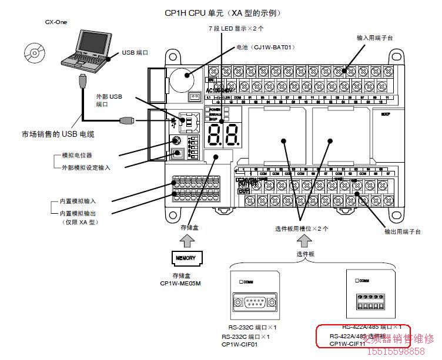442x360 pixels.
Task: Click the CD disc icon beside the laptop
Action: (x=34, y=53)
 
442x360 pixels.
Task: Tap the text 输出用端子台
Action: (x=402, y=231)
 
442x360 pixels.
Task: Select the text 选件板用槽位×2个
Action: (x=302, y=228)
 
